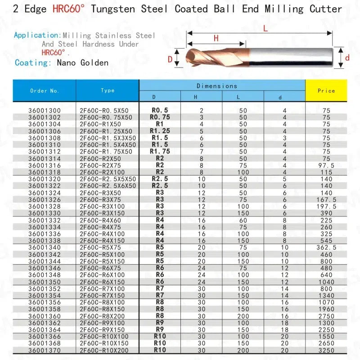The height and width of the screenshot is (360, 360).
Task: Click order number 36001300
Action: coord(44,110)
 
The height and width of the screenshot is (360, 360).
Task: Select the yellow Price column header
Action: coord(326,90)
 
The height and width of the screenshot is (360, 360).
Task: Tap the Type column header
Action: coord(108,90)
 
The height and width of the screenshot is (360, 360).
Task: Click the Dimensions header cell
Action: coord(217,85)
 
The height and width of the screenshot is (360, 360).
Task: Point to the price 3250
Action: coord(326,350)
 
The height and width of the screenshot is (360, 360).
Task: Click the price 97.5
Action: coord(326,166)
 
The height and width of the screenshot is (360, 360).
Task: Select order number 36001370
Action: coord(44,350)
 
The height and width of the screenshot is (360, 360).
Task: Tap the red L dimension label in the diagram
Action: coord(265,28)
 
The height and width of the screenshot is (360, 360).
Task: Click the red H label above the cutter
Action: coord(216,39)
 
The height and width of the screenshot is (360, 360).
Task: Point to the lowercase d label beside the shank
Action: coord(347,58)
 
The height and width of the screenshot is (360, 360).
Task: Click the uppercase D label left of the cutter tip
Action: coord(170,59)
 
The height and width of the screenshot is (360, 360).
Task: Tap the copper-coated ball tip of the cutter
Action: coord(191,58)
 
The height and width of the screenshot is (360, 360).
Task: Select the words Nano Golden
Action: coord(83,63)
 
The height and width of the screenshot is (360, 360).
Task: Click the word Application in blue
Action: coord(36,35)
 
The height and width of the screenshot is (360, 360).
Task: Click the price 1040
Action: coord(326,282)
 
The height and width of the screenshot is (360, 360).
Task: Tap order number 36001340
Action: coord(44,247)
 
